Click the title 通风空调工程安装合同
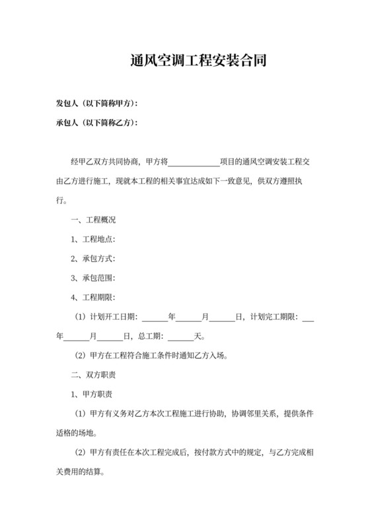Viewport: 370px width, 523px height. click(198, 62)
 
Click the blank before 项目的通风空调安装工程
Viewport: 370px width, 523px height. click(194, 162)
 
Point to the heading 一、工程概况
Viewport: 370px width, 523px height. click(93, 220)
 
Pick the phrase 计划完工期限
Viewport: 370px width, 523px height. click(273, 317)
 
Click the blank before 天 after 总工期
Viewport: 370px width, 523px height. click(180, 336)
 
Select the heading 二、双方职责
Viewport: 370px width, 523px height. click(93, 375)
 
